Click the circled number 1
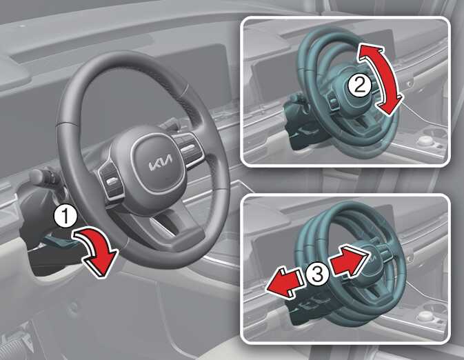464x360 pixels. click(x=65, y=217)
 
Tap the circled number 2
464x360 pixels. click(x=359, y=86)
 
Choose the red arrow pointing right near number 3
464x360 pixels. click(x=349, y=259)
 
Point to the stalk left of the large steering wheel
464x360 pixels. click(x=44, y=177)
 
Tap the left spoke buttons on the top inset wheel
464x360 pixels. click(x=334, y=103)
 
